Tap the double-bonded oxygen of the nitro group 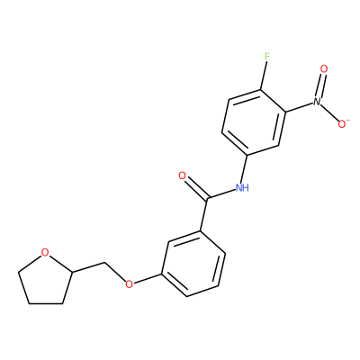[x=324, y=69]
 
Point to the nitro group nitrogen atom [x=317, y=102]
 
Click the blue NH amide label [x=242, y=188]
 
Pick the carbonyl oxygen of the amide [x=183, y=175]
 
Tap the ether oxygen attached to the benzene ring [x=129, y=283]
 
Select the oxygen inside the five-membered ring [x=45, y=253]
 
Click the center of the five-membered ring [x=47, y=280]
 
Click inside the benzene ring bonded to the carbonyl [x=193, y=264]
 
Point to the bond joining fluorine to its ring [x=263, y=75]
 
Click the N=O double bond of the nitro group [x=320, y=85]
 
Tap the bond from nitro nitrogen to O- [x=329, y=112]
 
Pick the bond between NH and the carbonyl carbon [x=221, y=193]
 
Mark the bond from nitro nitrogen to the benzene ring [x=300, y=107]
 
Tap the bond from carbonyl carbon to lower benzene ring [x=203, y=214]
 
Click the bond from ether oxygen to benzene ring [x=148, y=278]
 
